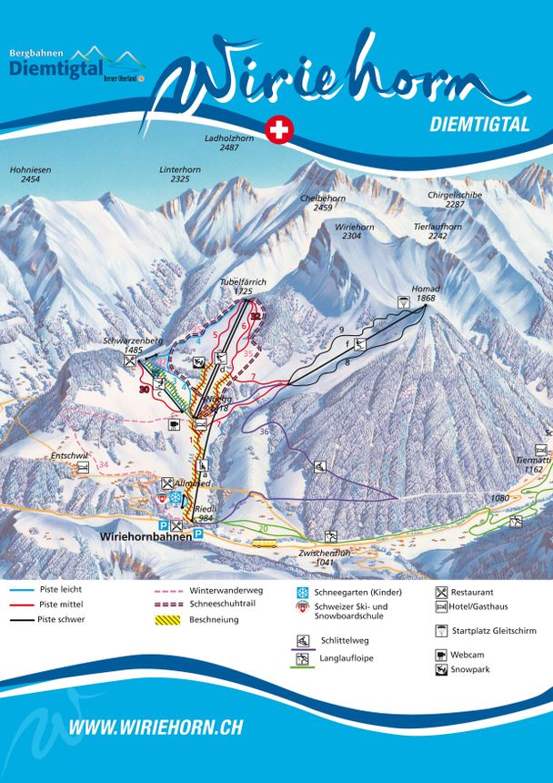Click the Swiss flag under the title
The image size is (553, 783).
(x=278, y=131)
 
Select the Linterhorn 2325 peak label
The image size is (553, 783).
(x=180, y=175)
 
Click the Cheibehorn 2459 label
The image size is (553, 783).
(x=323, y=203)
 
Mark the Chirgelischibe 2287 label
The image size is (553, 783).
(x=456, y=200)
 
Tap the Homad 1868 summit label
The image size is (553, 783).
(x=427, y=294)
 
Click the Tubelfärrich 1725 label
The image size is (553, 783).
(x=243, y=288)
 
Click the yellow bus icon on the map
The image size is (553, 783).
(x=265, y=543)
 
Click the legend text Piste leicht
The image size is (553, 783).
(x=61, y=590)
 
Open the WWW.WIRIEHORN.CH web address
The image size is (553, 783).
(x=156, y=727)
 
